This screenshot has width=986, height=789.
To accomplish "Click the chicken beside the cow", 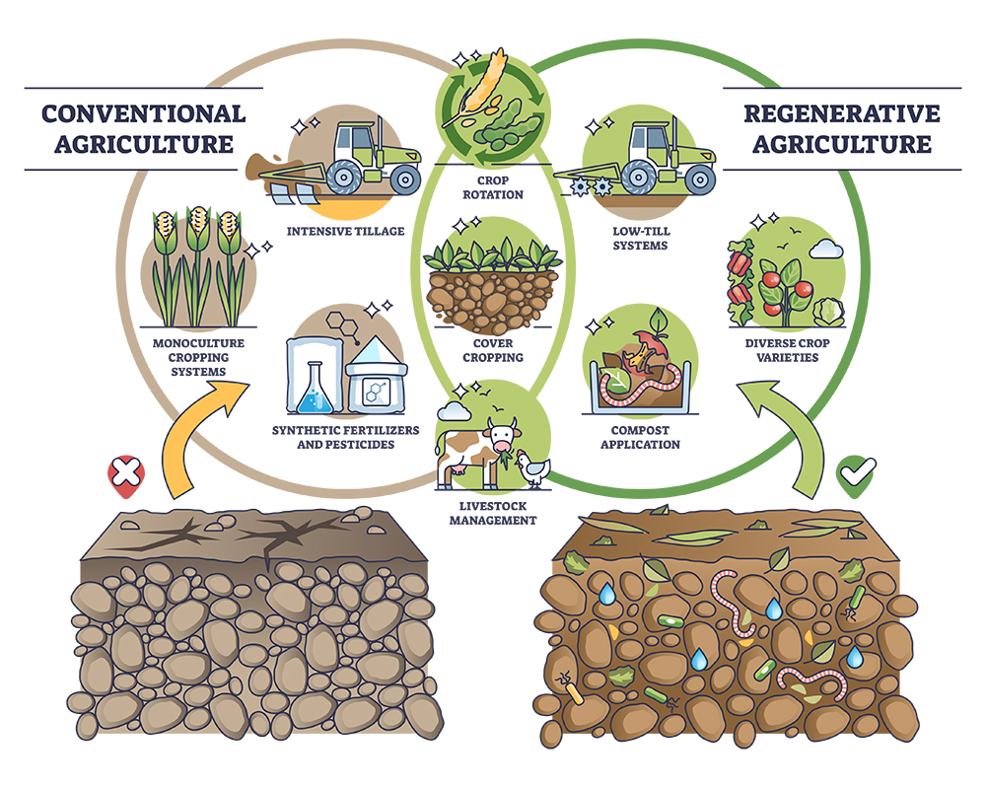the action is pyautogui.click(x=532, y=468).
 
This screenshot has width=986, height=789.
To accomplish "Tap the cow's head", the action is pyautogui.click(x=504, y=435).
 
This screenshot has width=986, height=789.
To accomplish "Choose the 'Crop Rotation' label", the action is pyautogui.click(x=493, y=187).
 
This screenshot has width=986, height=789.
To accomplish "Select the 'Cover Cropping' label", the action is pyautogui.click(x=493, y=350).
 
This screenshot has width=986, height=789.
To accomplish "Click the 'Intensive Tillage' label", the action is pyautogui.click(x=346, y=232).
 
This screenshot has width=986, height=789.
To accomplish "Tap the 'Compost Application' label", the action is pyautogui.click(x=640, y=437).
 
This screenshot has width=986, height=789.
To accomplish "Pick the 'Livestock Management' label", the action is pyautogui.click(x=493, y=513).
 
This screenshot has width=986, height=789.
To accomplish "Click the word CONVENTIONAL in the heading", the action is pyautogui.click(x=144, y=113).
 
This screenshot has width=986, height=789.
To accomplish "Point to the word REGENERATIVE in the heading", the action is pyautogui.click(x=842, y=113).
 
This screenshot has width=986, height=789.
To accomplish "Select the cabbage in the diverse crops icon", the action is pyautogui.click(x=828, y=312).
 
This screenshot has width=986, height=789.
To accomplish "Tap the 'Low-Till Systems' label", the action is pyautogui.click(x=641, y=239).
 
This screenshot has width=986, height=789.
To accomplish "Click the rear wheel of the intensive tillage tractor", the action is pyautogui.click(x=344, y=178).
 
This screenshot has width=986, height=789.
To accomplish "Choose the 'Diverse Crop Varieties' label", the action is pyautogui.click(x=787, y=350).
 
